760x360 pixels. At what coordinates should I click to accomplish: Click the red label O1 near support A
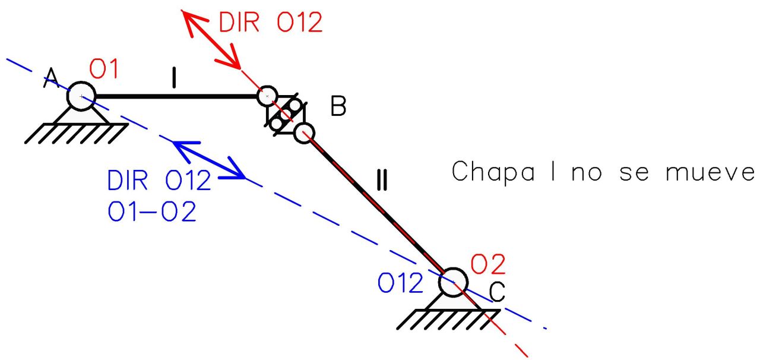pyautogui.click(x=104, y=70)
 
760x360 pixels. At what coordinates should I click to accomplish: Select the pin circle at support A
pyautogui.click(x=80, y=96)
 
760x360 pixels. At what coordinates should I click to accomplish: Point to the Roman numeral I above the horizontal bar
pyautogui.click(x=174, y=78)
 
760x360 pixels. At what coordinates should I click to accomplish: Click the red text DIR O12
pyautogui.click(x=270, y=23)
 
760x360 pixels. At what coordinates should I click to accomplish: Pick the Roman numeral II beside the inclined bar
pyautogui.click(x=382, y=179)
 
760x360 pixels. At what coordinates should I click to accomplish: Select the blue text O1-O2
pyautogui.click(x=152, y=211)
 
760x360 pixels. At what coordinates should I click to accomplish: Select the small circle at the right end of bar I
pyautogui.click(x=267, y=96)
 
